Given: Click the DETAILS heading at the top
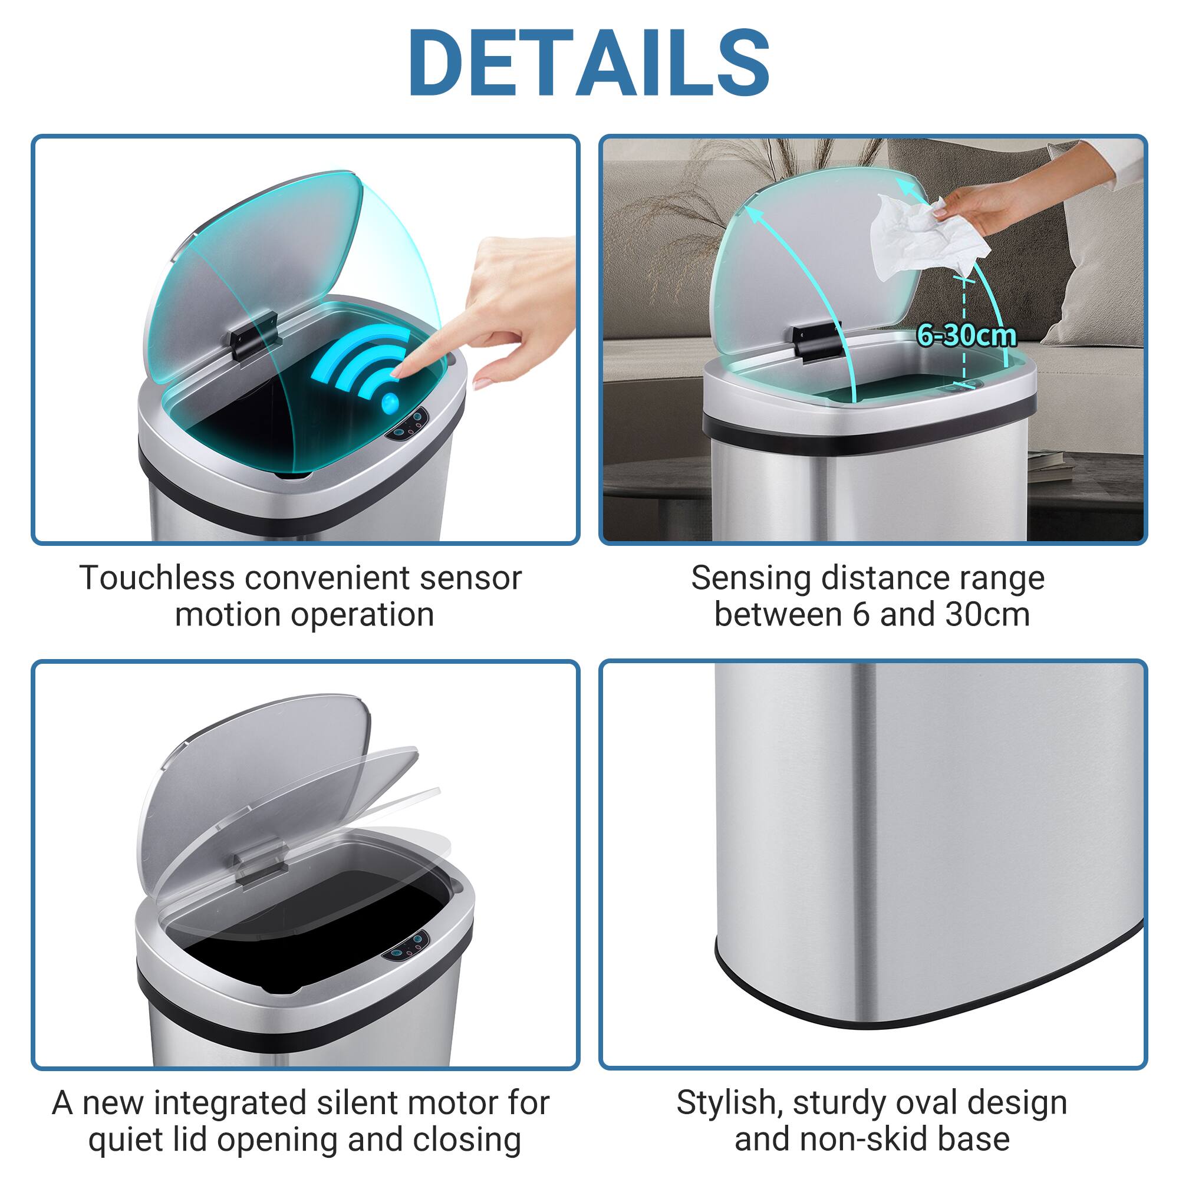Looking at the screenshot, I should tap(589, 63).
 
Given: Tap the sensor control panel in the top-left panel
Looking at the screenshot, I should tap(410, 426).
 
